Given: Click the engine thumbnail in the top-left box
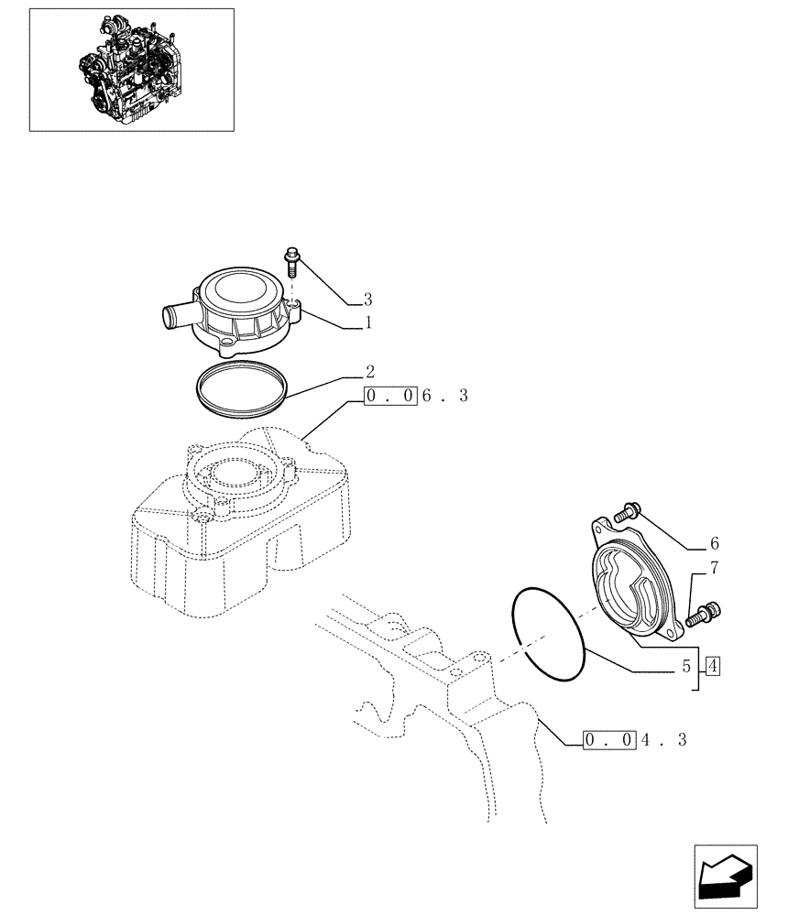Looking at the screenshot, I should click(x=131, y=69).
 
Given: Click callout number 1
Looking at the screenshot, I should click(x=368, y=323).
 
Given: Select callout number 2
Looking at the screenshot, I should click(x=368, y=372).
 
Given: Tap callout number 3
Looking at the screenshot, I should click(x=368, y=300).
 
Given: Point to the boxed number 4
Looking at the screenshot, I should click(x=713, y=666).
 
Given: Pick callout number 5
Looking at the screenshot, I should click(x=685, y=668).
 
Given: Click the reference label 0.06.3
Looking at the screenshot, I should click(x=416, y=397).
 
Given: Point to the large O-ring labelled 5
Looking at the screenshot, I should click(x=547, y=632).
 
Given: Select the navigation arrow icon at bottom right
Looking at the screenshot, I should click(x=723, y=877).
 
